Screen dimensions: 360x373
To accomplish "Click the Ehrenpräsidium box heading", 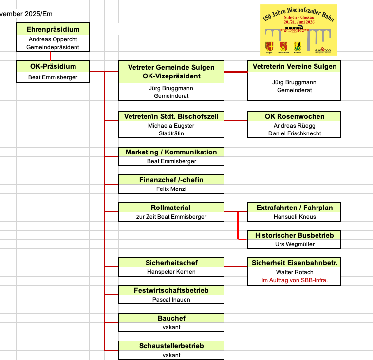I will pos(53,29).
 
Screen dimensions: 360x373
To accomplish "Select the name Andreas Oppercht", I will pos(53,39).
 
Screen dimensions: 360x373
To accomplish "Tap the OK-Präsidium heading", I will pos(53,66).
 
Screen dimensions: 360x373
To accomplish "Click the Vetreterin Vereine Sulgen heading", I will pos(294,66).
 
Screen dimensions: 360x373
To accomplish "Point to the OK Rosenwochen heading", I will pos(294,116).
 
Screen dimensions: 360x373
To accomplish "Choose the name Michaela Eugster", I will pos(171,126).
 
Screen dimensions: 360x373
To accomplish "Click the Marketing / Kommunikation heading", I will pos(171,152).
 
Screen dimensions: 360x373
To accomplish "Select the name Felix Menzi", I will pos(171,189).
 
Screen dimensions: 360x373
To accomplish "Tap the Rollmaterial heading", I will pos(171,208).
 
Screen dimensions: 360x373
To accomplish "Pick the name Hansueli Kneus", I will pos(294,216).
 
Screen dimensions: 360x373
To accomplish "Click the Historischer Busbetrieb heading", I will pos(294,235).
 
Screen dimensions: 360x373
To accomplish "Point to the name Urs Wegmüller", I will pos(294,244).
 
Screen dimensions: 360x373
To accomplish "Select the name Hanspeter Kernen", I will pos(171,272).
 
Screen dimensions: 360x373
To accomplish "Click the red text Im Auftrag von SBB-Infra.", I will pos(294,280).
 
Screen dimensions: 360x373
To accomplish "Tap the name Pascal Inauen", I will pos(171,300).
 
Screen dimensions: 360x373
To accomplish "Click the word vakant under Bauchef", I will pos(171,327).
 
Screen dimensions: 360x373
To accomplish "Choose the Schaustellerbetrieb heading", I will pos(171,346).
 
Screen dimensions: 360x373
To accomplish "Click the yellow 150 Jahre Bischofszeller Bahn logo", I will pos(298,30).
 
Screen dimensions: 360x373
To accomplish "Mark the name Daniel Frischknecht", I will pos(294,133).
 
